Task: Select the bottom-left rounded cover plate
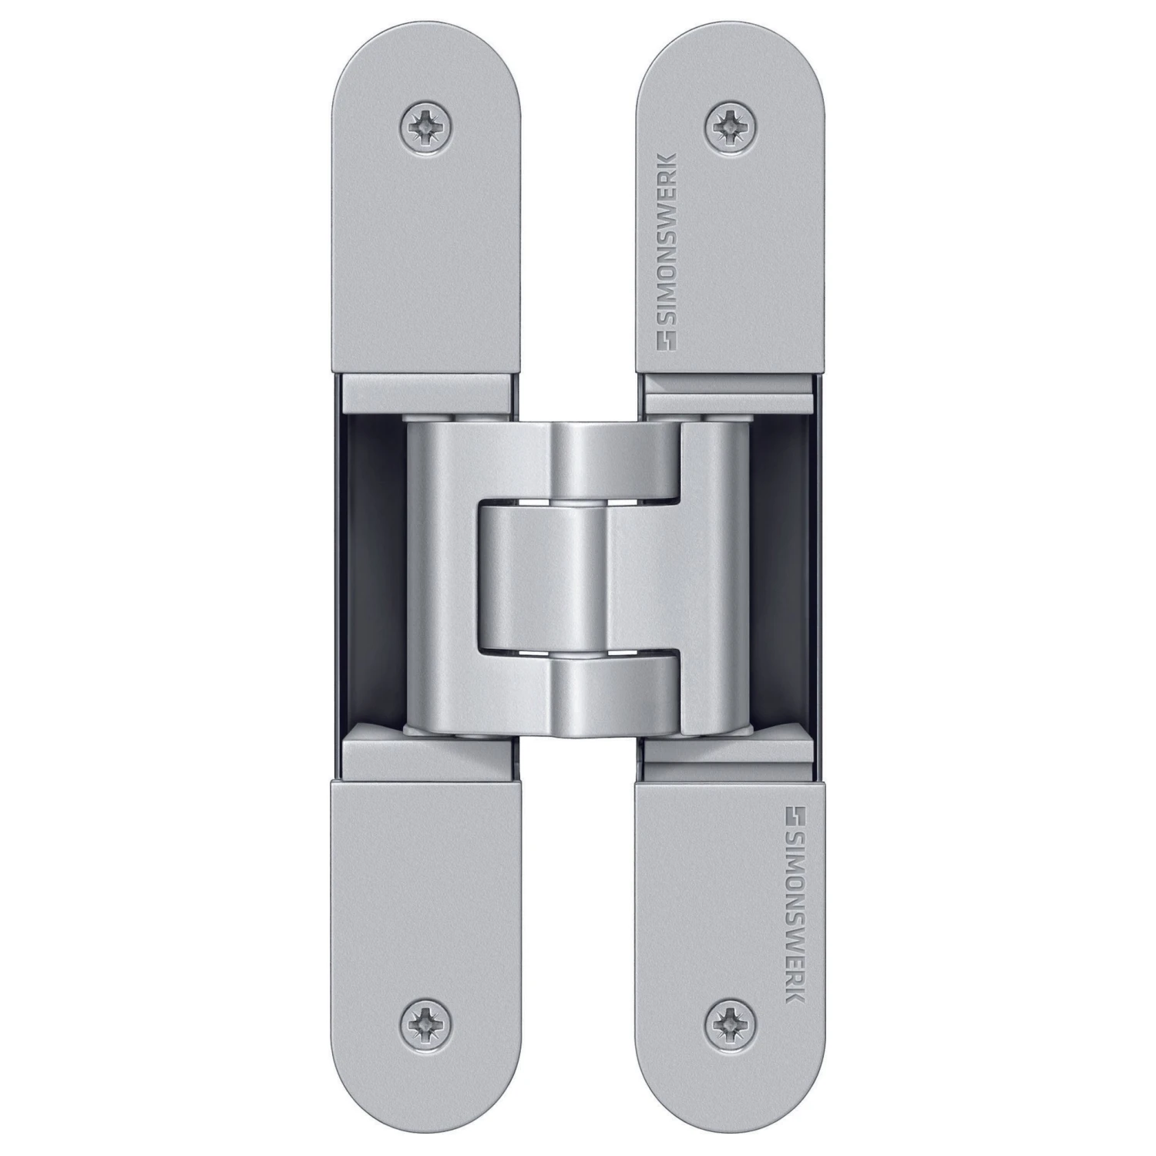coord(428,925)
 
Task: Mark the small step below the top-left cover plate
coord(428,393)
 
